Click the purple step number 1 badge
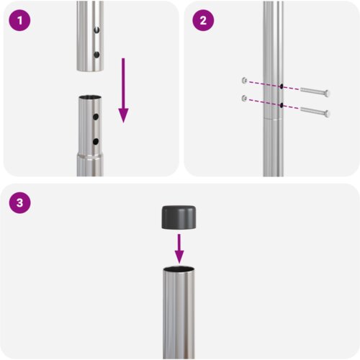pyautogui.click(x=21, y=21)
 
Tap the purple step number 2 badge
pyautogui.click(x=202, y=21)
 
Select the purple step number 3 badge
pyautogui.click(x=21, y=204)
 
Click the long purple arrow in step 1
pyautogui.click(x=123, y=90)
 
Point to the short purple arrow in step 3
pyautogui.click(x=179, y=248)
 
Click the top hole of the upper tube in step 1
pyautogui.click(x=96, y=31)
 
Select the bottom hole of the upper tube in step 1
pyautogui.click(x=96, y=54)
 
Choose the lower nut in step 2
pyautogui.click(x=246, y=97)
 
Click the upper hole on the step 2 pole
pyautogui.click(x=279, y=85)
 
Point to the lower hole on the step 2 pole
pyautogui.click(x=279, y=104)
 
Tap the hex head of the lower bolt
pyautogui.click(x=327, y=113)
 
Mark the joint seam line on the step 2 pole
pyautogui.click(x=273, y=117)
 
